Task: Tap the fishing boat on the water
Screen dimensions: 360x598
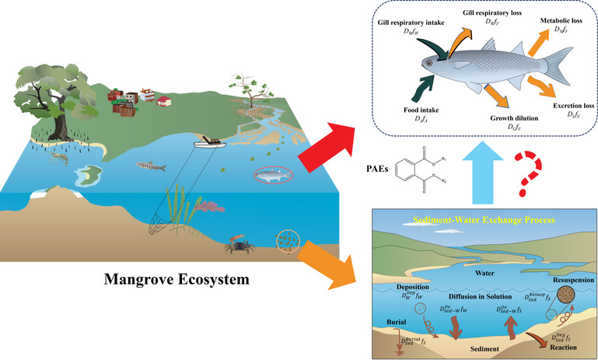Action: tap(211, 145)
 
